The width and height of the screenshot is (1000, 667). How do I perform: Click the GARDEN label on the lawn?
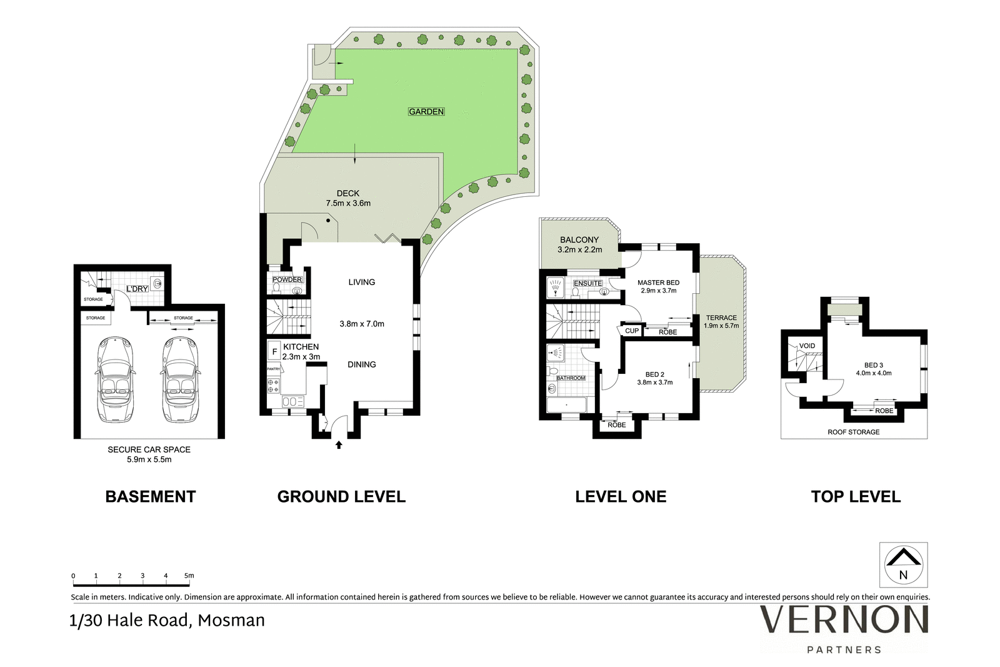pos(426,112)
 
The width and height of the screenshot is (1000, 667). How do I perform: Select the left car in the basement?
pos(115,379)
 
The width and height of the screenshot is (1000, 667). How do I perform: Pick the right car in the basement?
pos(180,379)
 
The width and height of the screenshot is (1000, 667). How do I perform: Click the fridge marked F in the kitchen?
pos(274,351)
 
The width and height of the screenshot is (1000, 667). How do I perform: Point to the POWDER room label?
pos(287,279)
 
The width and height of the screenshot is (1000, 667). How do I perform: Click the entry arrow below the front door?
pos(339,444)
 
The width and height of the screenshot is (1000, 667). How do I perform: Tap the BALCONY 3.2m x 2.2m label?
pos(579,244)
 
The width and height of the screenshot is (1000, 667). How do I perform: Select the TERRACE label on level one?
pos(721,318)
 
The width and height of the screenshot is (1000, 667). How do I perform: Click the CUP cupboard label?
pos(632,331)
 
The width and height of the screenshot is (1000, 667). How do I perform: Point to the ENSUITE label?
pos(588,283)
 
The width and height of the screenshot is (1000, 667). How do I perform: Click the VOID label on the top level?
pos(807,346)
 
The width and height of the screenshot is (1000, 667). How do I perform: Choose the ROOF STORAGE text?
pos(854,432)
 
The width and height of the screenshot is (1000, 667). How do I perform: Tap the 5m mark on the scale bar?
pos(189,576)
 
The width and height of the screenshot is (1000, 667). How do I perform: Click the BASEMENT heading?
pos(151,496)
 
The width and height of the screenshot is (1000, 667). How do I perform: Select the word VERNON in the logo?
pos(844,619)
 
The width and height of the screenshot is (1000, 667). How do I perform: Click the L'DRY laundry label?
pos(137,289)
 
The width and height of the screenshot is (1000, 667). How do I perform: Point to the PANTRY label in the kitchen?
pos(273,369)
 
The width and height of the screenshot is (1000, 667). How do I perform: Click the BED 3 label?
pos(874,364)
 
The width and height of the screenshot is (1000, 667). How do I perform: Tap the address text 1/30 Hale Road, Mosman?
pos(167,621)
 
